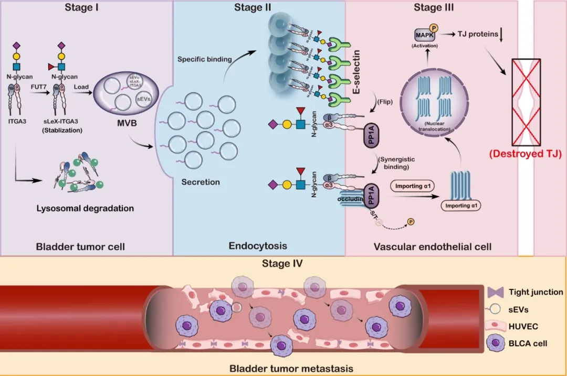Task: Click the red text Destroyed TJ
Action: click(x=528, y=154)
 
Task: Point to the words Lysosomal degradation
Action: click(x=85, y=208)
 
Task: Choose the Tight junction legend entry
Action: click(x=535, y=292)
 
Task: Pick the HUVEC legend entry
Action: click(x=524, y=326)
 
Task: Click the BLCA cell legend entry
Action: click(x=528, y=343)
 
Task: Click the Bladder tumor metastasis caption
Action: click(x=284, y=368)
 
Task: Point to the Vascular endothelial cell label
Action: click(x=433, y=246)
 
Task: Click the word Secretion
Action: click(x=201, y=182)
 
